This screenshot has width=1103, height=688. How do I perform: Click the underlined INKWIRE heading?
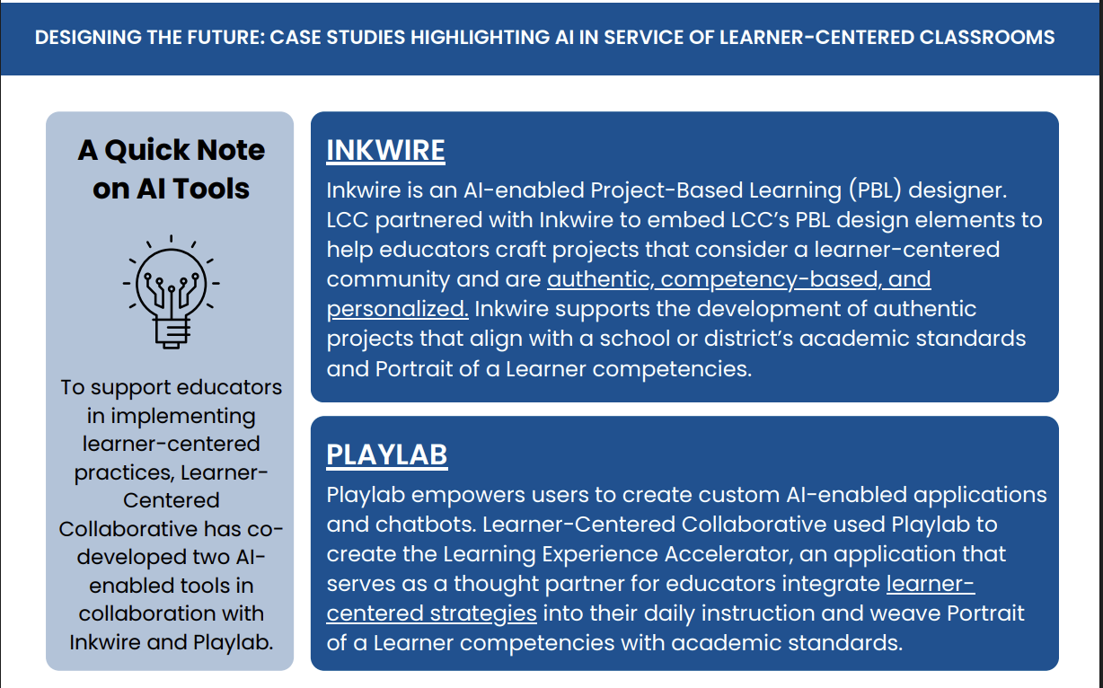click(385, 150)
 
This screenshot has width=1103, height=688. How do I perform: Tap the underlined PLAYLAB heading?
click(386, 455)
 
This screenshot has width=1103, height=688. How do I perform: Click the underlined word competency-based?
click(769, 279)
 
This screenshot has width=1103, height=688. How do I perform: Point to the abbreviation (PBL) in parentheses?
click(871, 190)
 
